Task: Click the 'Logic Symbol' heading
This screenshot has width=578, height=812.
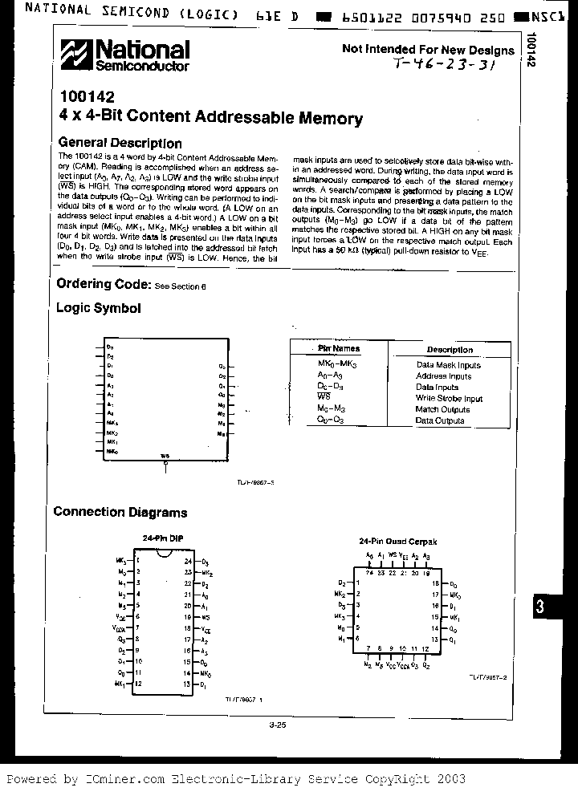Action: pyautogui.click(x=97, y=308)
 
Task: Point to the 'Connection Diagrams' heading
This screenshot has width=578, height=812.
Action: pyautogui.click(x=120, y=512)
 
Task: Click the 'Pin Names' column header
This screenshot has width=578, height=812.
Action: pyautogui.click(x=339, y=349)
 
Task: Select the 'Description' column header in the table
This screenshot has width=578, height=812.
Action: pyautogui.click(x=450, y=350)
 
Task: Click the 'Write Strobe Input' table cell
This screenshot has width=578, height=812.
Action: pyautogui.click(x=449, y=398)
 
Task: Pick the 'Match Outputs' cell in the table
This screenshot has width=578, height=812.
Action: pyautogui.click(x=442, y=409)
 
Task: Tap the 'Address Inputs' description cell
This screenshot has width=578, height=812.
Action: pyautogui.click(x=443, y=376)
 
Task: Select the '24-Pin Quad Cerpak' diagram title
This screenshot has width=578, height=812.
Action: pyautogui.click(x=398, y=542)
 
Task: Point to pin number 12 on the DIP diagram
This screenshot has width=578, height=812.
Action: pyautogui.click(x=138, y=683)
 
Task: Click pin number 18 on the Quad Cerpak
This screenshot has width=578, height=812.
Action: pyautogui.click(x=434, y=583)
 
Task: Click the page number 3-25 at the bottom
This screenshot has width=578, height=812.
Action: pyautogui.click(x=278, y=725)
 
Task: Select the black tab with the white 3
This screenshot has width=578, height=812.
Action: pyautogui.click(x=540, y=607)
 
